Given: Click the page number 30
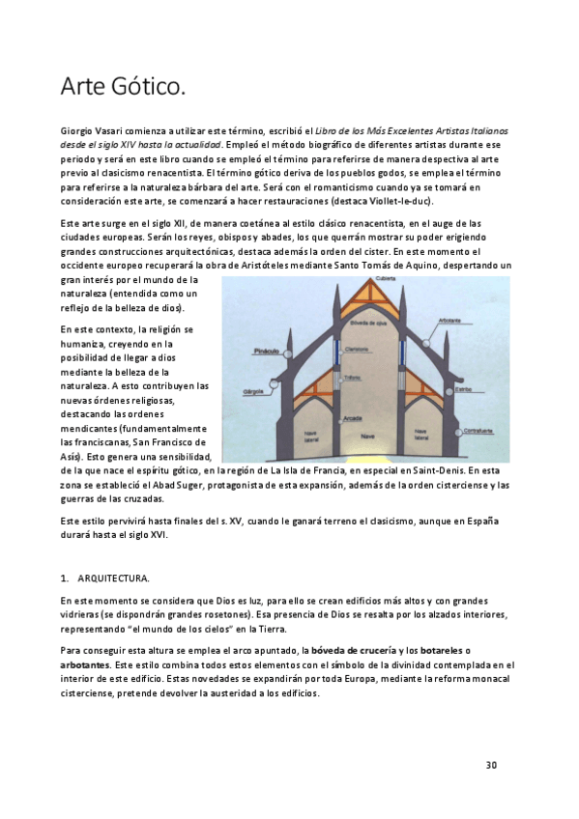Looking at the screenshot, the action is tap(491, 766).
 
